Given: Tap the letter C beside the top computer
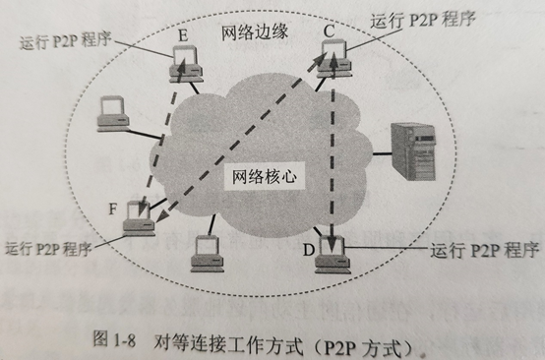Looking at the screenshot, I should (x=330, y=31).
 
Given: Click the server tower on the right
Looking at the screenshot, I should (x=416, y=151).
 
